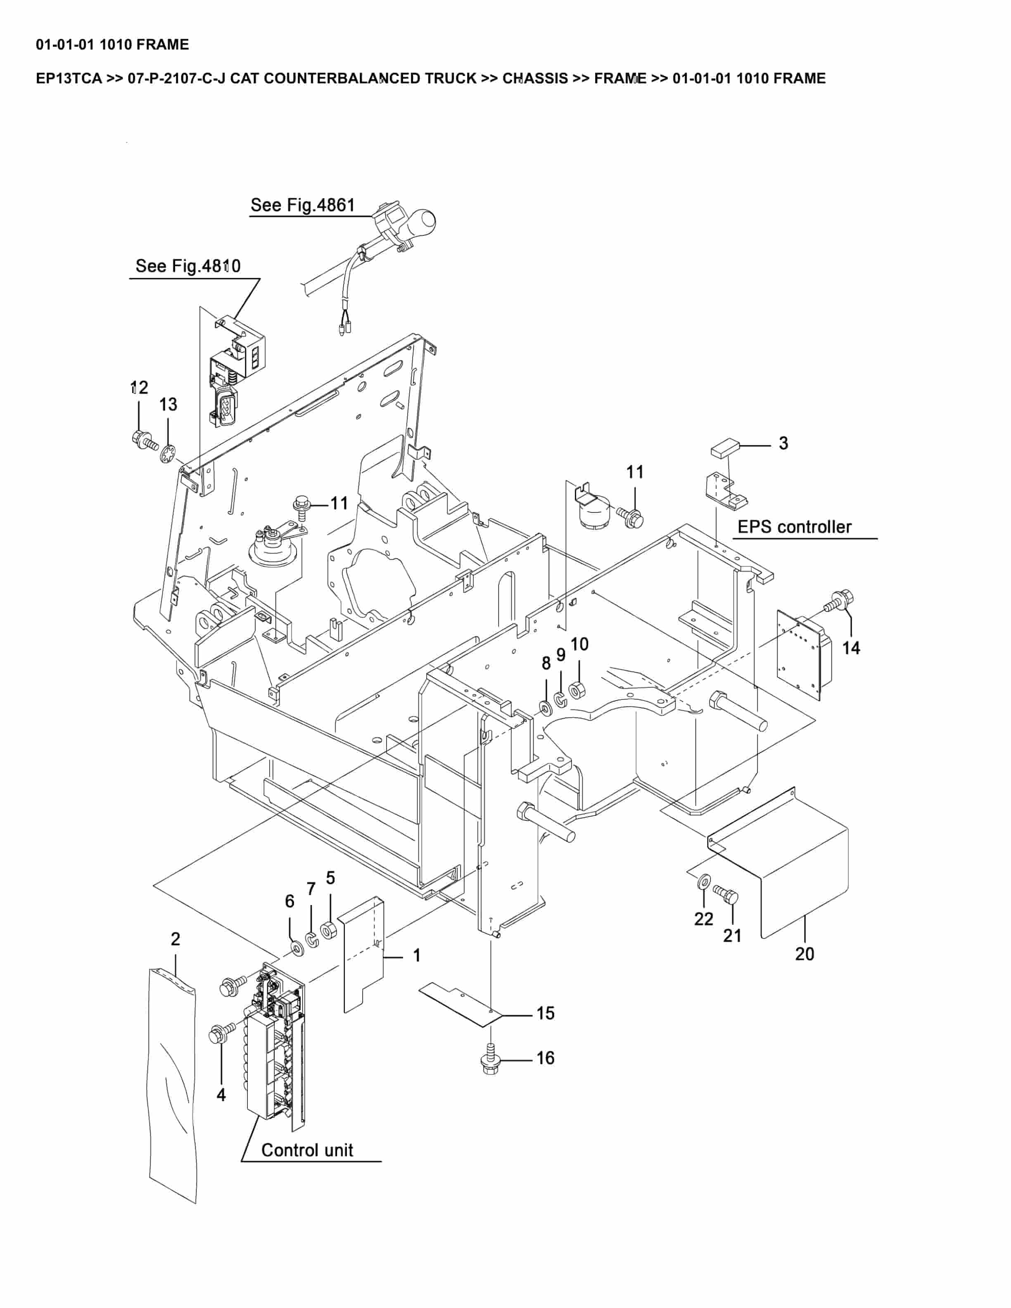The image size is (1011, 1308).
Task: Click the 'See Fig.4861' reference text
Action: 302,206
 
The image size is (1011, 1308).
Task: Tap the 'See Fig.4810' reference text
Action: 187,266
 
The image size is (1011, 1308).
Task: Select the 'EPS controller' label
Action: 794,527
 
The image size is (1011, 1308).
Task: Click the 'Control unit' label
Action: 307,1151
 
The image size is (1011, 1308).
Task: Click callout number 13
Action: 168,405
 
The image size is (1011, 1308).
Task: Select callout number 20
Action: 805,954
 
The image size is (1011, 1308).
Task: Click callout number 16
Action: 545,1058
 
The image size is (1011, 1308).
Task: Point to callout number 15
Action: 545,1013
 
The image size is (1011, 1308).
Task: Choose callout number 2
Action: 176,939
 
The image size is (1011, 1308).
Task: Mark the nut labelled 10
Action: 577,690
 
